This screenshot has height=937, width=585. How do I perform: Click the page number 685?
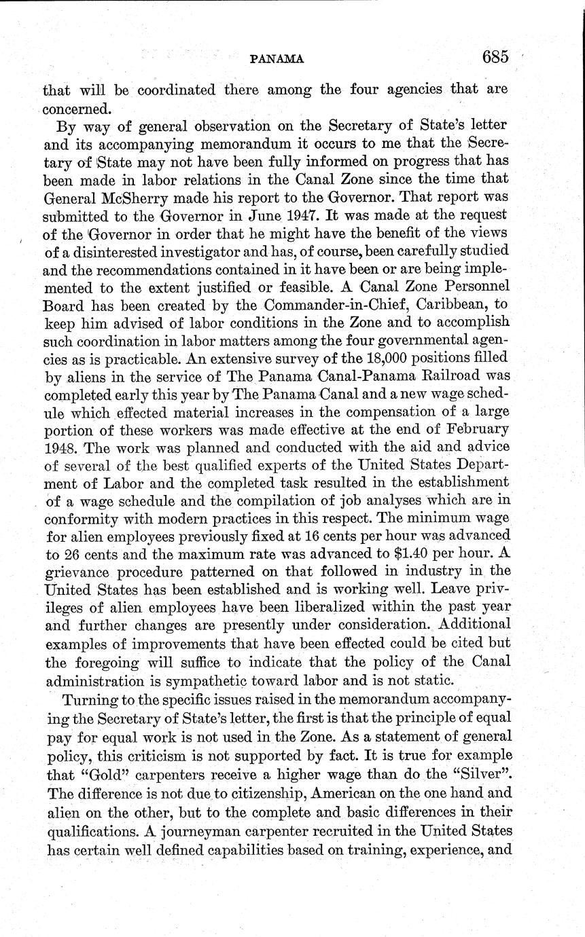tap(495, 58)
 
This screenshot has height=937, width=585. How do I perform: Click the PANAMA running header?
tap(277, 60)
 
